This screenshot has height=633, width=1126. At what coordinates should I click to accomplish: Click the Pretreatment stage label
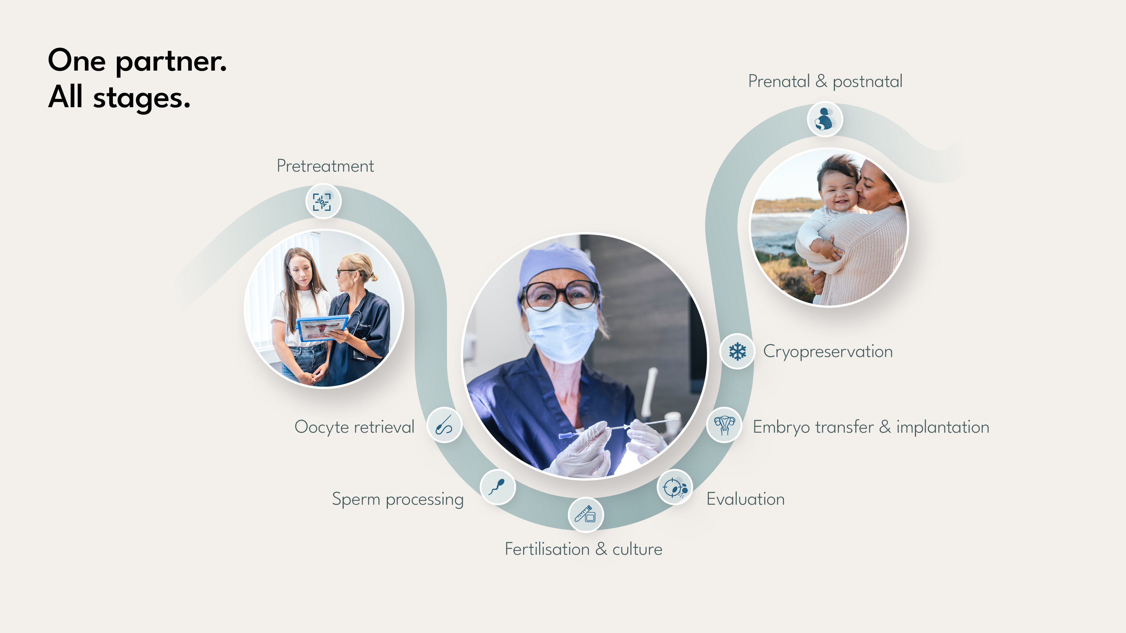[x=325, y=166]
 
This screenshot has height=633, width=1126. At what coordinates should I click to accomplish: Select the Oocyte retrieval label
[x=354, y=427]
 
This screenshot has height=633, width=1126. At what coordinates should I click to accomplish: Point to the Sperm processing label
[x=397, y=499]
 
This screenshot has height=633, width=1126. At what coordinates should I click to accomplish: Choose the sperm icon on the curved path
[x=497, y=487]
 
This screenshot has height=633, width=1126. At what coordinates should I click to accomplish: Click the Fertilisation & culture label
[x=583, y=549]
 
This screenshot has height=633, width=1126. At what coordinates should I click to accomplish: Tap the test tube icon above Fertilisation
[x=585, y=515]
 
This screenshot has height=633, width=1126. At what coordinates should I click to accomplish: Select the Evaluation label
[x=745, y=499]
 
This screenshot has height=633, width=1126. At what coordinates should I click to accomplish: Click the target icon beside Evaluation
[x=674, y=487]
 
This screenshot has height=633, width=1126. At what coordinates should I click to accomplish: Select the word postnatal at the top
[x=867, y=82]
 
